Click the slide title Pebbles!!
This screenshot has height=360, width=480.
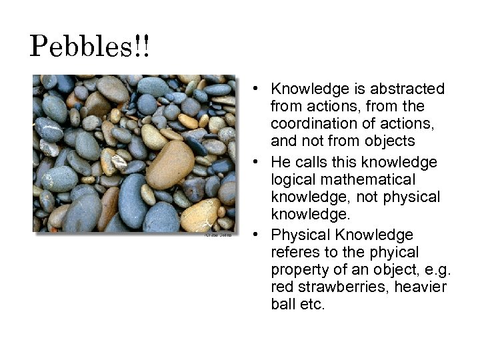tap(91, 47)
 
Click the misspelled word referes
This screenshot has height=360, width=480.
tap(294, 253)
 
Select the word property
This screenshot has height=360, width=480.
tap(299, 270)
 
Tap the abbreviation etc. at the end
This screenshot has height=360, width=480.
tap(313, 305)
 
